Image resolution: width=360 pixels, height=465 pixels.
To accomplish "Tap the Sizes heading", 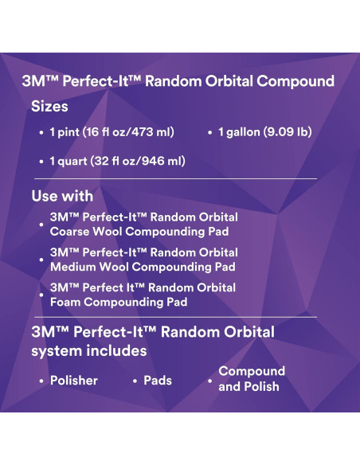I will click(x=49, y=105).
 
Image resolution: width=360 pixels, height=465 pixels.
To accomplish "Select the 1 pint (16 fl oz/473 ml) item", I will click(x=112, y=131).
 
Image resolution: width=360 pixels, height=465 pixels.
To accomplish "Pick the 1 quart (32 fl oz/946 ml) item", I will click(x=117, y=161).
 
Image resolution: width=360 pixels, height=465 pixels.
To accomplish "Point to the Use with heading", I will click(x=62, y=196).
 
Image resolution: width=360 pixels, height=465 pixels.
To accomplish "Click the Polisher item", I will click(x=74, y=381).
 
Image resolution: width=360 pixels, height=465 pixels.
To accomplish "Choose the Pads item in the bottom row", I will click(x=158, y=381).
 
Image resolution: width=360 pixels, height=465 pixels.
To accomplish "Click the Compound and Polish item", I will click(x=251, y=379).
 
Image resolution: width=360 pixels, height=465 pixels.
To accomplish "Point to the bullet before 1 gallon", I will click(x=210, y=132).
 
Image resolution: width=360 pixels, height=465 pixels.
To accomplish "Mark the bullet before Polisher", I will click(x=41, y=381).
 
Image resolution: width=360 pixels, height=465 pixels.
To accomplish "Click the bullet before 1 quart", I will click(x=41, y=162).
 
